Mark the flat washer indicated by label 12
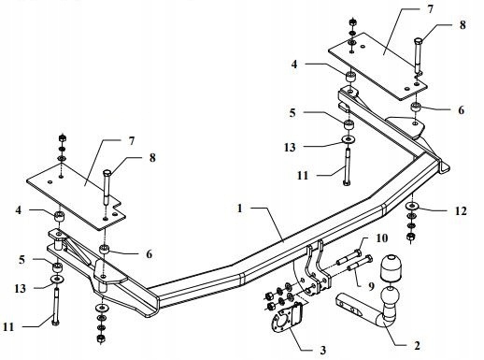click(x=413, y=208)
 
